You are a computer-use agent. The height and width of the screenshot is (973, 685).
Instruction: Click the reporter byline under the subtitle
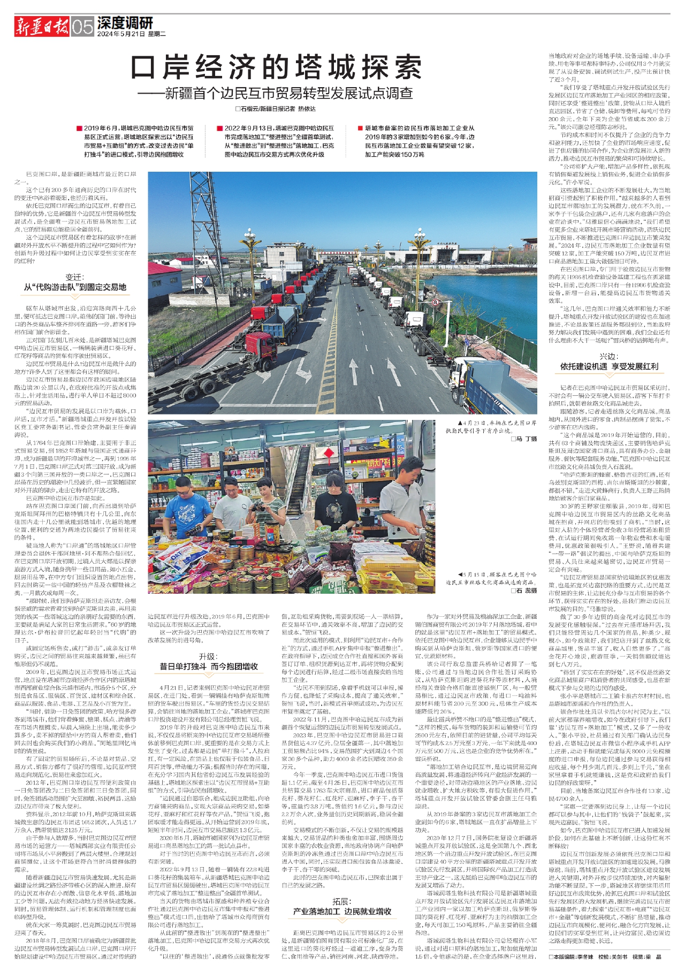click(x=276, y=109)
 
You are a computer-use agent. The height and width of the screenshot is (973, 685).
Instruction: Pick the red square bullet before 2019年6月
click(x=79, y=128)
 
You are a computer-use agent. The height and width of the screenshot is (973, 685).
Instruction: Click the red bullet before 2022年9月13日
click(x=219, y=128)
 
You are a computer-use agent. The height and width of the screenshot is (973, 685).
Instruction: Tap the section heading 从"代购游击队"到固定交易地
click(x=75, y=287)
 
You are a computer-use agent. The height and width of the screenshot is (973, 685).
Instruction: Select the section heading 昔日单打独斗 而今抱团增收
click(x=208, y=666)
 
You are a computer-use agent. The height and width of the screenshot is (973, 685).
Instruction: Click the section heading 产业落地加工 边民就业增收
click(x=342, y=911)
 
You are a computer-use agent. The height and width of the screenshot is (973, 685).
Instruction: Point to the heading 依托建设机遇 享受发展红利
click(x=609, y=366)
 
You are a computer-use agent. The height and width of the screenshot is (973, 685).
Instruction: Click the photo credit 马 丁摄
click(x=524, y=439)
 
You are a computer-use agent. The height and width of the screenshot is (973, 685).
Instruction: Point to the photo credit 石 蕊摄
click(x=523, y=591)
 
